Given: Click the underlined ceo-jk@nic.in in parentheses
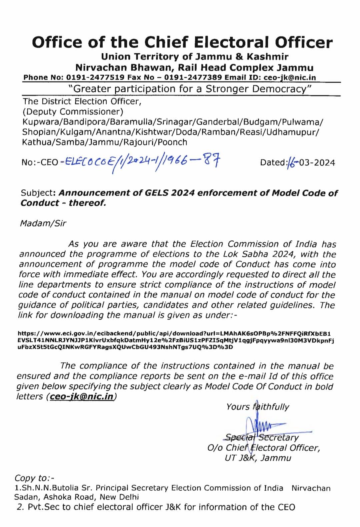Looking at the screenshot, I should [x=82, y=397].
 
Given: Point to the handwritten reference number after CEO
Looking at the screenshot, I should [x=140, y=162].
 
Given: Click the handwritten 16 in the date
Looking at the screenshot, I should [x=291, y=162].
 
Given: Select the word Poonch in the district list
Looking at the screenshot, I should [x=172, y=142].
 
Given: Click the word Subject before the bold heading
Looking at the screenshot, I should [x=38, y=193].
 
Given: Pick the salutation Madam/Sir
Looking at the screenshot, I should [x=43, y=223].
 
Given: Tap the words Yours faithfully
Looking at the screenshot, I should [x=257, y=407].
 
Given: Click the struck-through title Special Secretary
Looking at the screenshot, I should [x=262, y=437].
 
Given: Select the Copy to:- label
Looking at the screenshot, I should [x=34, y=478].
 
